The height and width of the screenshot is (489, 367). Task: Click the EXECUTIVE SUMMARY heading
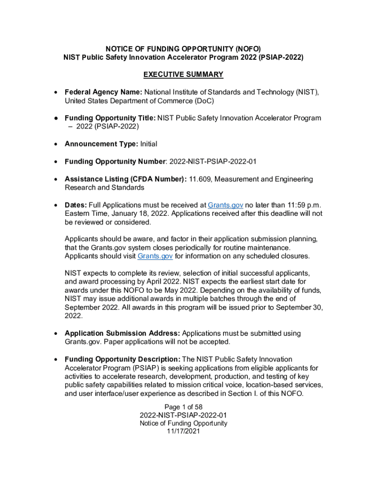(x=183, y=74)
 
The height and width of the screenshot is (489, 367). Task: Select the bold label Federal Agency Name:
(x=103, y=92)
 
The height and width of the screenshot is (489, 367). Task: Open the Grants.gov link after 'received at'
(x=225, y=205)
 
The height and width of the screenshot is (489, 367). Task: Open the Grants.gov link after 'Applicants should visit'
(x=155, y=256)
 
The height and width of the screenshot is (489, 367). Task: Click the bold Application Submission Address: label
(x=122, y=333)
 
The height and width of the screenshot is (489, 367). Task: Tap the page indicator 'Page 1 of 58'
(x=183, y=407)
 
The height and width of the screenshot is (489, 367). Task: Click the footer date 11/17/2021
(x=183, y=431)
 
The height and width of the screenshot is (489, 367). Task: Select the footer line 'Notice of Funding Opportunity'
(x=183, y=423)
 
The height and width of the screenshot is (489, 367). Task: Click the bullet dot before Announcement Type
(x=56, y=144)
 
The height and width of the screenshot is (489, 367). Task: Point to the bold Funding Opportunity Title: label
(x=110, y=118)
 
